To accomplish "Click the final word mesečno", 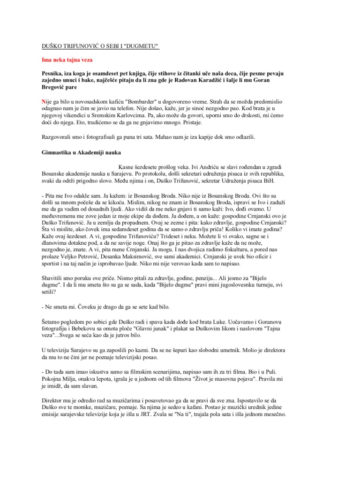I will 272,415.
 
